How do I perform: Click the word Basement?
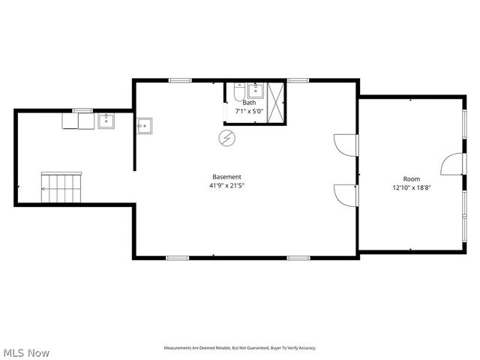click(x=226, y=176)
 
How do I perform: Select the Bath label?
click(x=248, y=103)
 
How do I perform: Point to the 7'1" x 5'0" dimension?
click(x=249, y=112)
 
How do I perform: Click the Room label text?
click(x=412, y=178)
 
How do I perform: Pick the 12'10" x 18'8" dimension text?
click(x=412, y=187)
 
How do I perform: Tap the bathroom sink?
click(x=256, y=91)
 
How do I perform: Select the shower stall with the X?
click(x=277, y=100)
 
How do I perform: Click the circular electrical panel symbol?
click(x=226, y=138)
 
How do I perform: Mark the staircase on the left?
click(x=61, y=187)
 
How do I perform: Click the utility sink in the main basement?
click(x=145, y=125)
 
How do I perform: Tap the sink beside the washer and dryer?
click(x=106, y=121)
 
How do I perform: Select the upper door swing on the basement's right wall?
click(x=346, y=145)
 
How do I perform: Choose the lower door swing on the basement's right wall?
click(x=346, y=195)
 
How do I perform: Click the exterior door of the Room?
click(x=453, y=163)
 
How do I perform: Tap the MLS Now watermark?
click(x=26, y=352)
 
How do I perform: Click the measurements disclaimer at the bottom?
click(x=240, y=348)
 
